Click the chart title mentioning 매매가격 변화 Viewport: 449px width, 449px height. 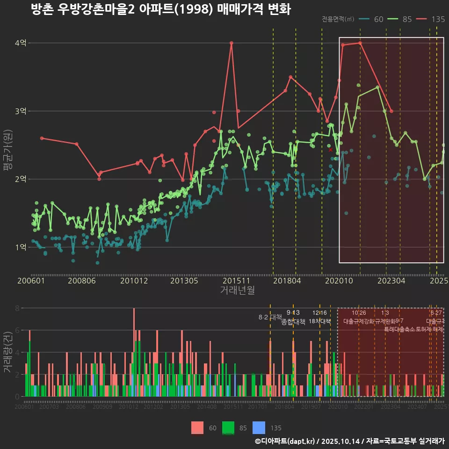point(161,9)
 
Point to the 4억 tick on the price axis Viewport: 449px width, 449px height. point(21,43)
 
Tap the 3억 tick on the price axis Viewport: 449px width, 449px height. point(21,111)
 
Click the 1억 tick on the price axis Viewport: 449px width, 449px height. point(21,247)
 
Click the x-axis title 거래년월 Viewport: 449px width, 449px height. point(237,290)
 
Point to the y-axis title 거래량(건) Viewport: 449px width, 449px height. point(7,352)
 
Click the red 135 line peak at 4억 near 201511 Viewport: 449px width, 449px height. point(232,43)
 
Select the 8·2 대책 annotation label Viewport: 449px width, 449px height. point(270,317)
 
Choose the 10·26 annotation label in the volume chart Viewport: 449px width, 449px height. point(359,313)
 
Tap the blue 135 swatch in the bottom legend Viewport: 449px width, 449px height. point(259,427)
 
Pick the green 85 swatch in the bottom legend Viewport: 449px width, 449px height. point(228,427)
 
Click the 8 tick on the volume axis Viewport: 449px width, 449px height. point(17,308)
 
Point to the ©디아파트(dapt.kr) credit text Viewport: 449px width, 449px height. point(286,441)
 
